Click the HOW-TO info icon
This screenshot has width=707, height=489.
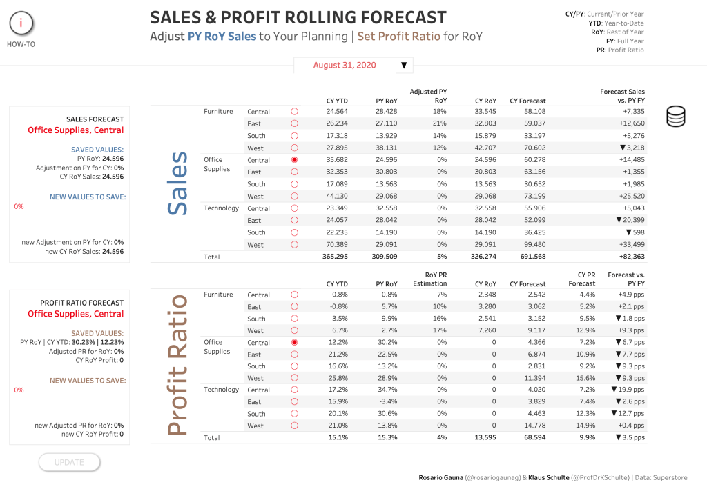21,23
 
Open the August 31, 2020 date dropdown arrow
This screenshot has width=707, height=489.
404,66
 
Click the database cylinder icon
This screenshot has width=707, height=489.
675,116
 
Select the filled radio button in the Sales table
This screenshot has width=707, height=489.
294,160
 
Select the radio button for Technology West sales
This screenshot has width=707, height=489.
294,244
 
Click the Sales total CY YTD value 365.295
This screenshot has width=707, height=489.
335,257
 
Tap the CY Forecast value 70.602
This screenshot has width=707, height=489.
535,148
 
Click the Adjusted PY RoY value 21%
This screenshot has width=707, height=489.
440,123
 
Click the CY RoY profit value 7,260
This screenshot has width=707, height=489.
487,330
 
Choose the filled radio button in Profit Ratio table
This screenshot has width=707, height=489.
294,343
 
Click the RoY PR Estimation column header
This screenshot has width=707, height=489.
430,279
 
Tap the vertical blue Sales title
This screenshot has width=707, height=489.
177,183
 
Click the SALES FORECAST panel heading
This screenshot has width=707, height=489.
95,119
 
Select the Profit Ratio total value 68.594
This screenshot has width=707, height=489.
535,438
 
